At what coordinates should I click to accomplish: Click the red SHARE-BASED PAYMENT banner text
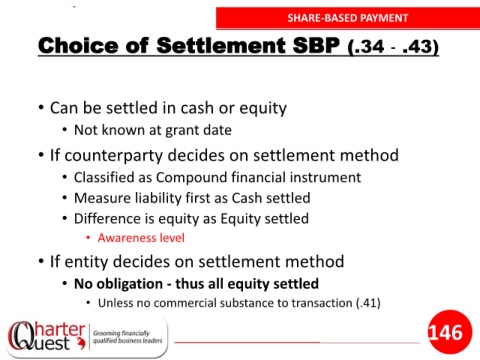pos(348,18)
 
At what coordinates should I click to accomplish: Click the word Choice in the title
pos(78,45)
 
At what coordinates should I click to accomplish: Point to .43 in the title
pos(418,47)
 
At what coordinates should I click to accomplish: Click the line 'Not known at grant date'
pos(153,130)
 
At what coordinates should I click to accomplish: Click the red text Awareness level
pos(141,238)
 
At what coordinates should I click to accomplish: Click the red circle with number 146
pos(450,332)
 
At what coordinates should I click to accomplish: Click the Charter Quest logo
pos(46,336)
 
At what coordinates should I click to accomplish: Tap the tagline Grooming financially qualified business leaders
pos(127,337)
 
